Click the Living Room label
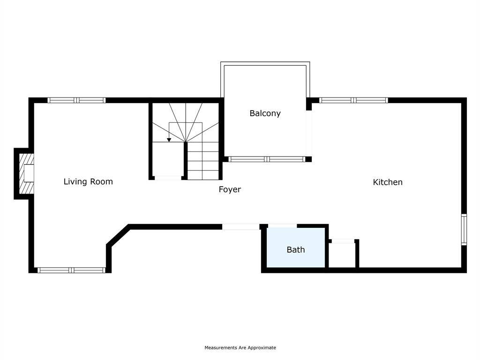click(88, 181)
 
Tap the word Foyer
click(230, 189)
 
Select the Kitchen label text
click(388, 182)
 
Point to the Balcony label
click(265, 113)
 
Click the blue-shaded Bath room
click(296, 247)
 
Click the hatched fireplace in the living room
click(26, 173)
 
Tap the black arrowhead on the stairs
click(169, 140)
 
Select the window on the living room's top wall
click(76, 100)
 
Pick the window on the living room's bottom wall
click(71, 270)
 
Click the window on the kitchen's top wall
click(353, 100)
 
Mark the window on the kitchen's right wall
click(464, 230)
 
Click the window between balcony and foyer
click(267, 159)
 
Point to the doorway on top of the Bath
click(282, 226)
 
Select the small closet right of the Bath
click(342, 255)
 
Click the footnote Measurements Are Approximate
click(240, 347)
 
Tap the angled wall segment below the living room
click(118, 235)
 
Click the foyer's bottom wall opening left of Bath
click(240, 227)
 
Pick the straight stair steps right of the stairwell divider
click(203, 161)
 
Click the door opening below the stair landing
click(168, 178)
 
